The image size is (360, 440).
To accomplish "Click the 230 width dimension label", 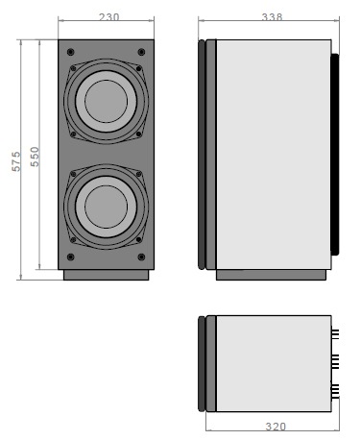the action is coord(108,16).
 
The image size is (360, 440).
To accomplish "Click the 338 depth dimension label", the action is coord(272,16).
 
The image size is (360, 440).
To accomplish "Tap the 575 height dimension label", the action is coord(16,161).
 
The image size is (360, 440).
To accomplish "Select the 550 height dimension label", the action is coord(35,157).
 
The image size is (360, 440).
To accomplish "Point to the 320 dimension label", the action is coord(276,427).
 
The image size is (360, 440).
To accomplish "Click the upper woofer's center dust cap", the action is coord(106,101).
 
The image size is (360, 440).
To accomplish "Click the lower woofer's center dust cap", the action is coord(106,207).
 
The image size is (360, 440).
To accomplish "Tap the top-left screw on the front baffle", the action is coord(71,52).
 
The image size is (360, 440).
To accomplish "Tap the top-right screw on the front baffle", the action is coord(141,52).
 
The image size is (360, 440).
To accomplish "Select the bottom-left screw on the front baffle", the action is coord(71,257).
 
